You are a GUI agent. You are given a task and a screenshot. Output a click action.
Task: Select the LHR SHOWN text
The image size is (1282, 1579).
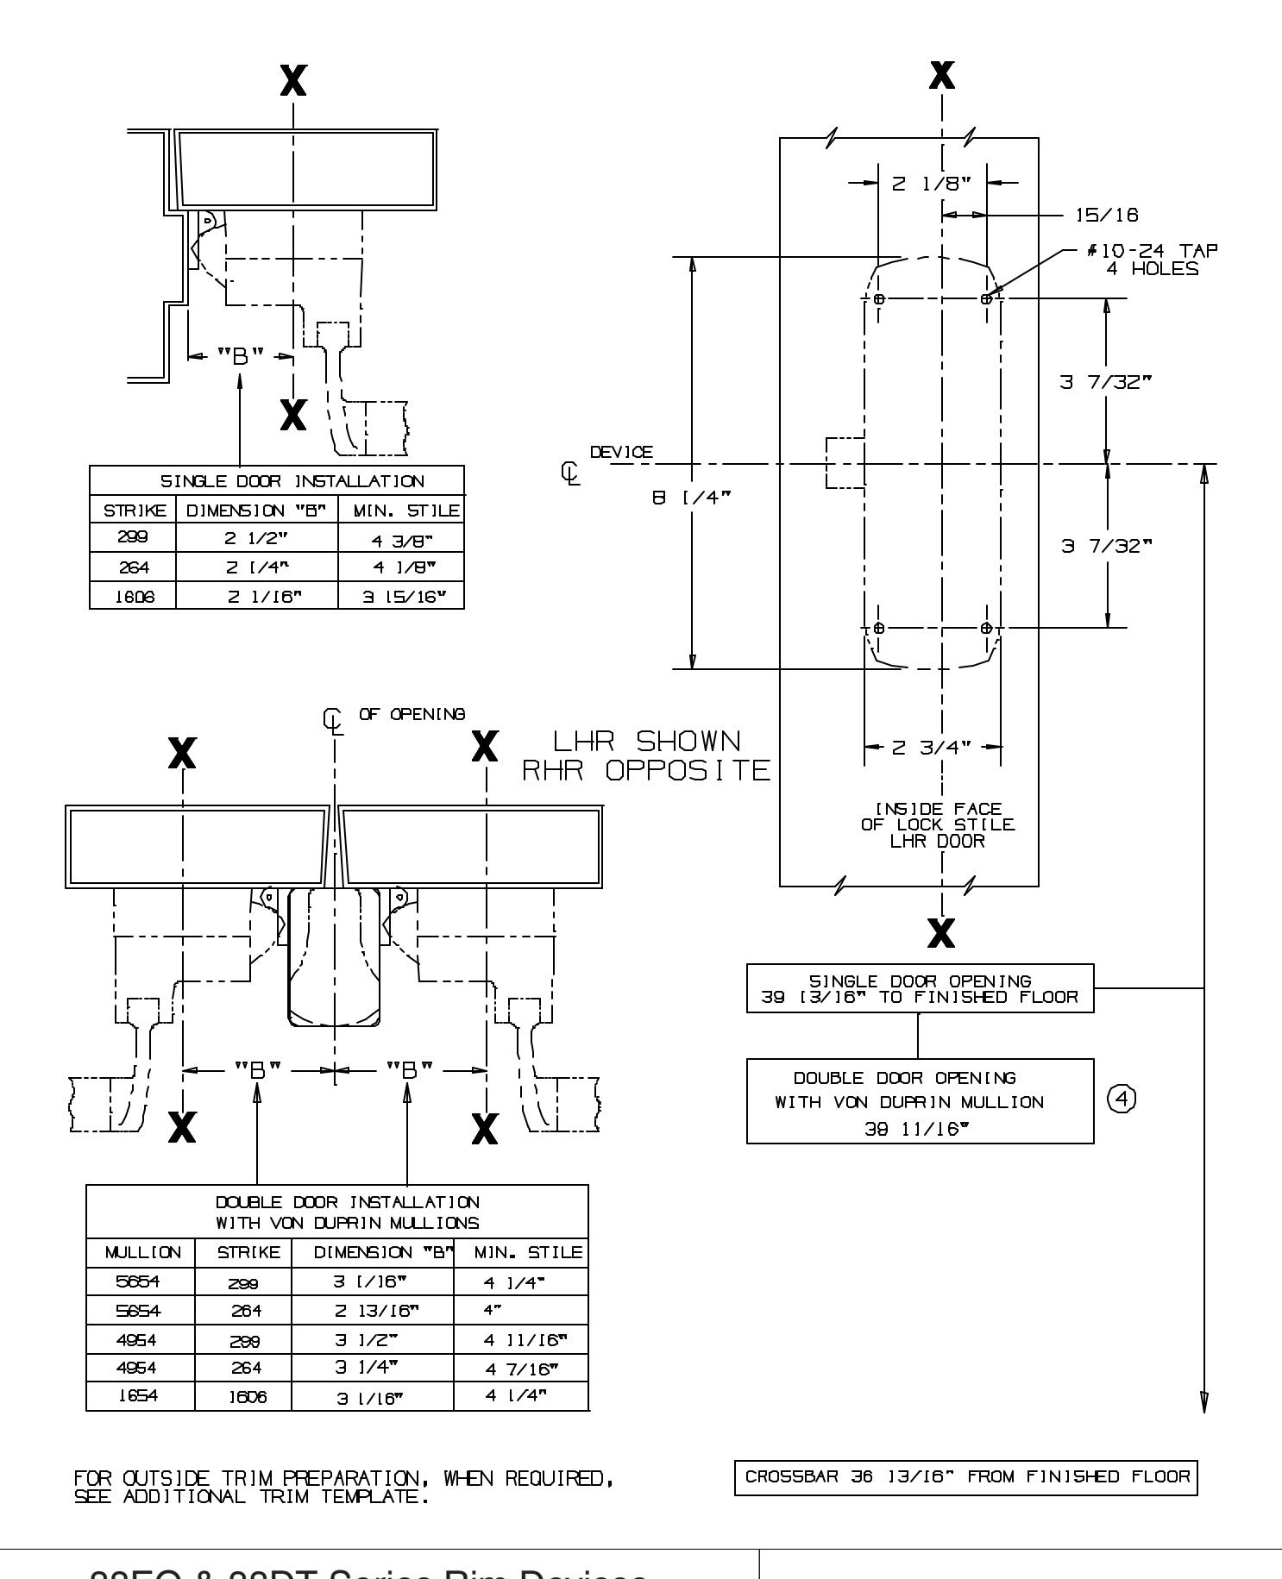coord(645,742)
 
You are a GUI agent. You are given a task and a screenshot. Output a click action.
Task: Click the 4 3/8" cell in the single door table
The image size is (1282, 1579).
coord(400,536)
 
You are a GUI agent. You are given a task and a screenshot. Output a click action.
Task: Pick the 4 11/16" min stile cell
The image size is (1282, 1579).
coord(520,1339)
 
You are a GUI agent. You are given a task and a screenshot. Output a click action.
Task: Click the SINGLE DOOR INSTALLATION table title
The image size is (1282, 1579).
coord(276,480)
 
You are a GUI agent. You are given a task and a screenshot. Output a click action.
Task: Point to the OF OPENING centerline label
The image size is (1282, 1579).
coord(412,714)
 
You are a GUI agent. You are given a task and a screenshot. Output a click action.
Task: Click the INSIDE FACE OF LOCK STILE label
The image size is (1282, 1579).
coord(939,825)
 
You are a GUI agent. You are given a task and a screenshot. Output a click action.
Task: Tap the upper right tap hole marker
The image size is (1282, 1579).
coord(986,298)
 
